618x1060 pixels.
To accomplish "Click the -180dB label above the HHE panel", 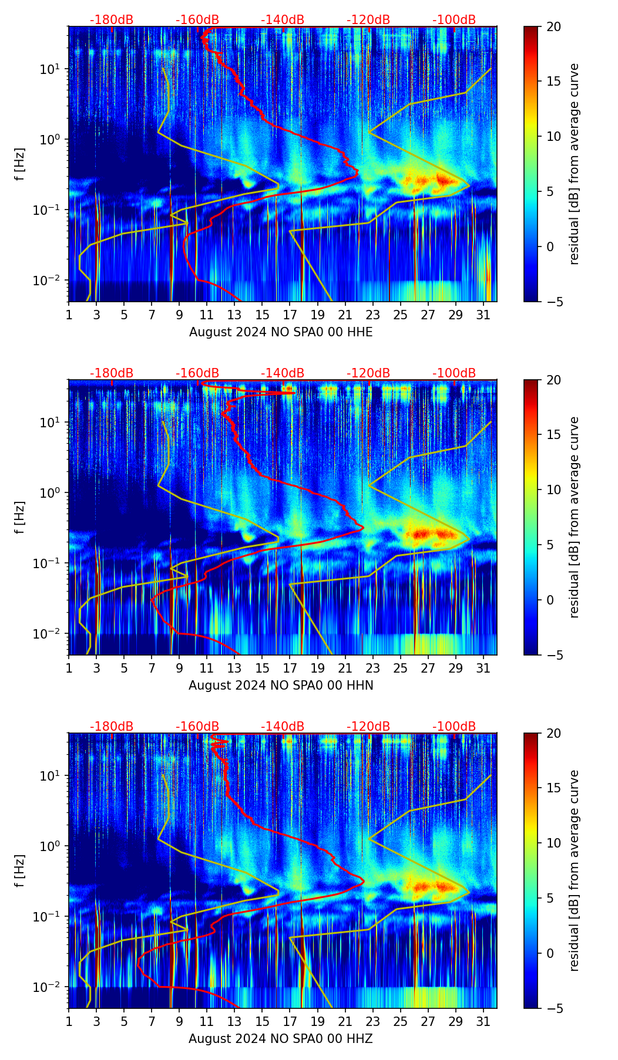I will coord(112,20).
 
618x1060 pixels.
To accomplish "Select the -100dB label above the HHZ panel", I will coord(454,727).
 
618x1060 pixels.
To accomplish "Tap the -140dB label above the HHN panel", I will coord(283,373).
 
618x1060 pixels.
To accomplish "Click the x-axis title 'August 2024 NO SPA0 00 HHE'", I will coord(281,332).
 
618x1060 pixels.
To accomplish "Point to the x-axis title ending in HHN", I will coord(281,686).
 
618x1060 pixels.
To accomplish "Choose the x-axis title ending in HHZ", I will coord(281,1039).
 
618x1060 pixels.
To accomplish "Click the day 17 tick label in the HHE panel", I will coord(290,315).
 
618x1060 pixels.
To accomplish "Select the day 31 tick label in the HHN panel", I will coord(483,668).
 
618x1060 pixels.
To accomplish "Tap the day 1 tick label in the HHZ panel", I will coord(69,1021).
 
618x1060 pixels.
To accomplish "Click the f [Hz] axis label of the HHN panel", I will coord(20,518).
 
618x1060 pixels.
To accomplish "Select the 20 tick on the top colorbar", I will coord(553,27).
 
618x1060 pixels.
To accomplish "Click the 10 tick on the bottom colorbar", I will coord(553,843).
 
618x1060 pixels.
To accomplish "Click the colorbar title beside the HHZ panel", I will coord(575,870).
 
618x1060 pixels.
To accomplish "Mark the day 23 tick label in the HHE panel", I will coord(373,315).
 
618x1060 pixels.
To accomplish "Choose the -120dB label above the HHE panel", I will coord(368,20).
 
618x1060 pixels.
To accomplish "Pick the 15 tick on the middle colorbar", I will coord(553,435).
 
